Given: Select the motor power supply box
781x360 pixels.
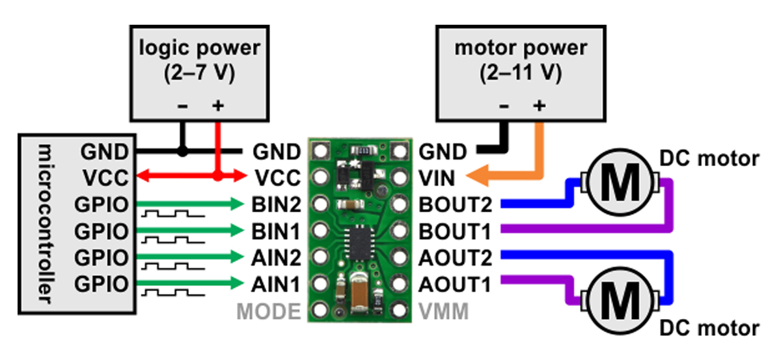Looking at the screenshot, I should (520, 59).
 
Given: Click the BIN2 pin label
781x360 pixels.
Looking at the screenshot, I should (277, 205).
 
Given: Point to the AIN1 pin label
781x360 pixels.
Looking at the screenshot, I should (277, 284).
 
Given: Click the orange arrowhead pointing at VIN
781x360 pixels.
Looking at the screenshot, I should (483, 177).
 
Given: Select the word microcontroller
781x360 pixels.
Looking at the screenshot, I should (43, 221).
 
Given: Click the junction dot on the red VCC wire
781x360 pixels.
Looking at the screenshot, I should (219, 176).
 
